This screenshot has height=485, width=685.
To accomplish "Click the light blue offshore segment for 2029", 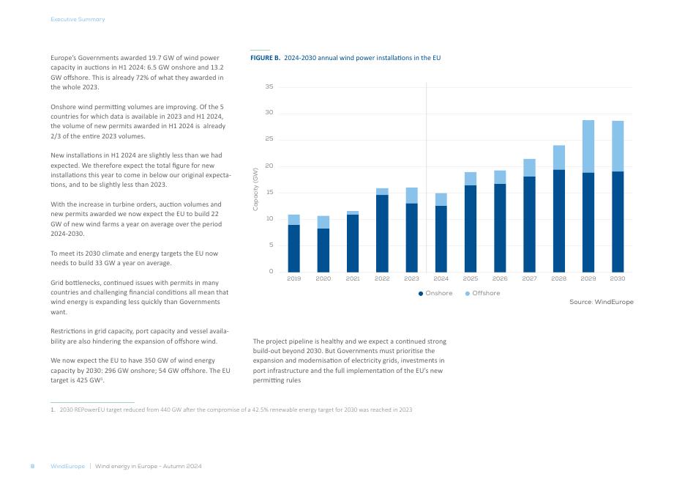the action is (x=588, y=147).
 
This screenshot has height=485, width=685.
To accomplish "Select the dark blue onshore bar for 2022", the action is (x=382, y=234).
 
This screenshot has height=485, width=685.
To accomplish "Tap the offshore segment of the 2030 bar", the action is (x=618, y=146).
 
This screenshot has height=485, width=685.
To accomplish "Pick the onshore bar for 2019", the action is (x=293, y=248).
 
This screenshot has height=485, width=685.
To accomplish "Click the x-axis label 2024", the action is (x=441, y=278).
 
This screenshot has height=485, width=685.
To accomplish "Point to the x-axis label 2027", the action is (x=529, y=278).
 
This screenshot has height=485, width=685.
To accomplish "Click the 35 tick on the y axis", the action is (x=269, y=86).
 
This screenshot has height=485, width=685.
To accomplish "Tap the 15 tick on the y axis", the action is (x=269, y=193).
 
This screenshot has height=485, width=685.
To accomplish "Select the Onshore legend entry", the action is (x=435, y=293).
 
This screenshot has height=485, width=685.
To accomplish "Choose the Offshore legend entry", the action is (x=482, y=293).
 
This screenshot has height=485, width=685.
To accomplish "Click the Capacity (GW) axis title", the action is (x=255, y=189).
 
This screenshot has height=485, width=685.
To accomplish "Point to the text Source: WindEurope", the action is (x=601, y=302).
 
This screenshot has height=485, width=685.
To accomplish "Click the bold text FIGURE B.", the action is (x=265, y=58).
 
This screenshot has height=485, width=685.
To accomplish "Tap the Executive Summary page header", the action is (x=78, y=19).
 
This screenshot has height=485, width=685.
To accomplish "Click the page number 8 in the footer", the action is (x=32, y=466).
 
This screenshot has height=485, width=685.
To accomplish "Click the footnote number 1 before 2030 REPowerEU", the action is (x=53, y=410).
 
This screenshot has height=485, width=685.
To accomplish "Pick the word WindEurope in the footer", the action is (x=68, y=466).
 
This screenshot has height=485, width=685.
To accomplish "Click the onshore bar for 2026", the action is (x=500, y=229).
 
